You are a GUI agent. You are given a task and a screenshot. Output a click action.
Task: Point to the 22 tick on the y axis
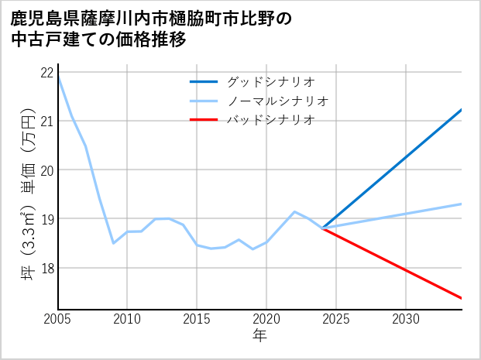tap(46, 72)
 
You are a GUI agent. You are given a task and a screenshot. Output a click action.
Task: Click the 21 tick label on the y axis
tap(46, 121)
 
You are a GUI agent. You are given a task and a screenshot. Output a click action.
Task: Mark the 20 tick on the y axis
tap(46, 170)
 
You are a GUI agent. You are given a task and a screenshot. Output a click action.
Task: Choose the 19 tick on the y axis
tap(46, 219)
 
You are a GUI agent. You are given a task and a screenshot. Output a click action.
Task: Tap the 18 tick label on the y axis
tap(46, 268)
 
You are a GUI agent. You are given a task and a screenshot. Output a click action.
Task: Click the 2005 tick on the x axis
tap(58, 319)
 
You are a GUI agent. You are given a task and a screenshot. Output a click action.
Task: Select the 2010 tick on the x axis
tap(127, 319)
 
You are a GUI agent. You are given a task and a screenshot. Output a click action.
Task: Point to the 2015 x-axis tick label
tap(197, 319)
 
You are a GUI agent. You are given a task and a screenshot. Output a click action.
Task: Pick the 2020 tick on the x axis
tap(266, 319)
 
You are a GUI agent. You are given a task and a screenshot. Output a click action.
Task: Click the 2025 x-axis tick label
tap(336, 319)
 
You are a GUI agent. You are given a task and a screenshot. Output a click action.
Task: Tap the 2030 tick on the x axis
tap(406, 319)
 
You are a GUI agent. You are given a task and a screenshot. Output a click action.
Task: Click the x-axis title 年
tap(260, 337)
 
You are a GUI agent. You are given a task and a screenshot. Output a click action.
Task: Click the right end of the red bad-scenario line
tap(462, 298)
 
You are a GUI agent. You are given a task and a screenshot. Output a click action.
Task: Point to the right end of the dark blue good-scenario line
tap(462, 110)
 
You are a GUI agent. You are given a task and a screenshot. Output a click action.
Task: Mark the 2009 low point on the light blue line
tap(114, 243)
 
